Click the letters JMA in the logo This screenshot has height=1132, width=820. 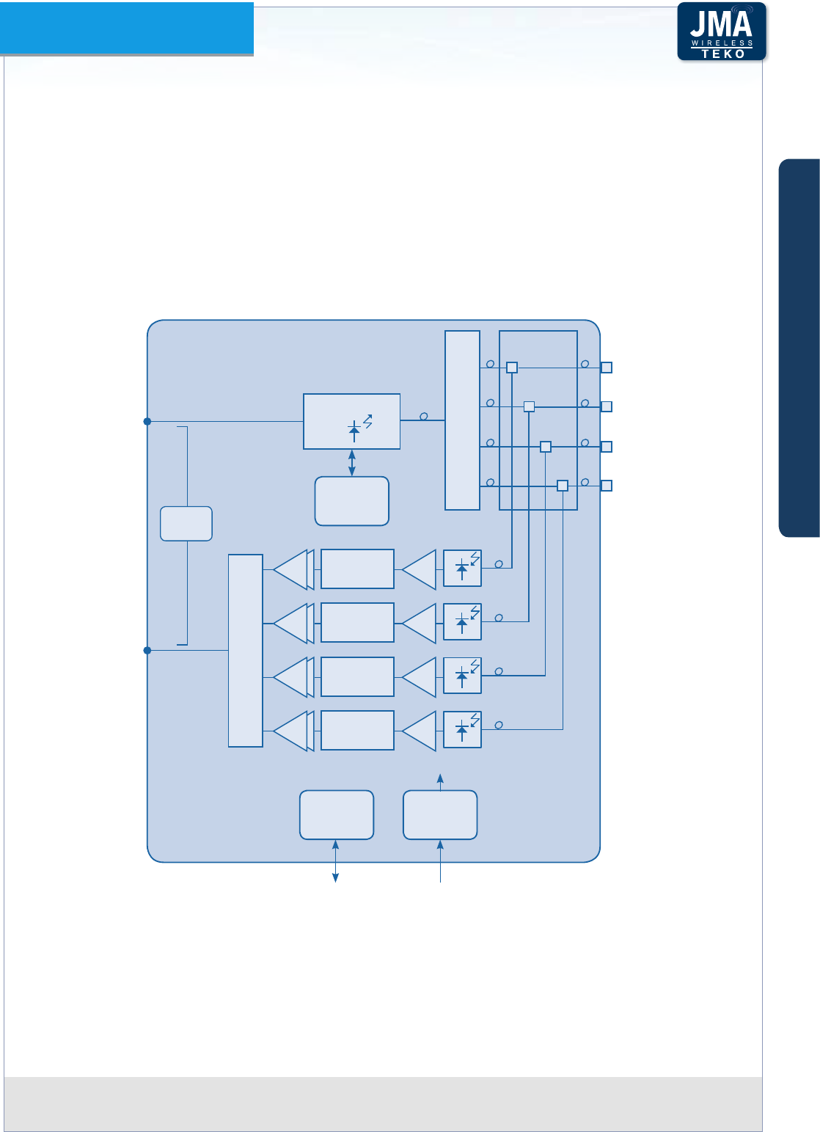tap(721, 25)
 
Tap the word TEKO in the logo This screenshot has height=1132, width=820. tap(722, 54)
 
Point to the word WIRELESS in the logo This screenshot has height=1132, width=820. tap(722, 43)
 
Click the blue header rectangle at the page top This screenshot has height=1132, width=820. tap(127, 28)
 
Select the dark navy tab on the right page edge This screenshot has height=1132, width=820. tap(799, 348)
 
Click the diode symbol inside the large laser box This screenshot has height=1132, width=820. tap(355, 431)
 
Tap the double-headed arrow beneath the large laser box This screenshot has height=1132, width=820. tap(352, 463)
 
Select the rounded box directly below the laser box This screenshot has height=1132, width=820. tap(352, 501)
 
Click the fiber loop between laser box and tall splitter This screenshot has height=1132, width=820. tap(423, 417)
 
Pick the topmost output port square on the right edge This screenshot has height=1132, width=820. tap(607, 368)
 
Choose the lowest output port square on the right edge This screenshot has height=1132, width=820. tap(607, 485)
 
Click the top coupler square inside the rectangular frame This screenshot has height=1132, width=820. tap(512, 368)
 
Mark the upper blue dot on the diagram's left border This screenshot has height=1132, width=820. tap(147, 422)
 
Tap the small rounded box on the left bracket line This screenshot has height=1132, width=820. tap(186, 523)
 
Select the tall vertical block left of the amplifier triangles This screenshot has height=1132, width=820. tap(246, 651)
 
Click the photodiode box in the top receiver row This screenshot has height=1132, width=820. tap(462, 568)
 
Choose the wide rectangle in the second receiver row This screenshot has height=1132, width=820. tap(357, 622)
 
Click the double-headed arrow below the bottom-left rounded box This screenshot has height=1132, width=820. tap(336, 861)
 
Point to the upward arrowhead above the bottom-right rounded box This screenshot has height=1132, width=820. tap(440, 777)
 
